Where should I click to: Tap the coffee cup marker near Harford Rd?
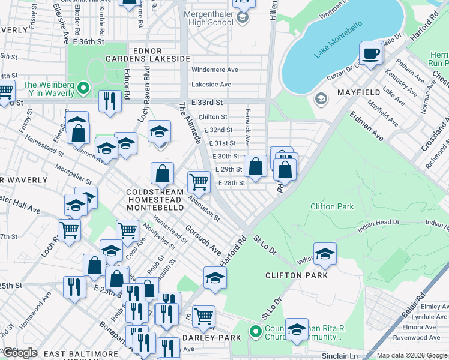pyautogui.click(x=370, y=54)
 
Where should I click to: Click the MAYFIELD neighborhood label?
pyautogui.click(x=359, y=92)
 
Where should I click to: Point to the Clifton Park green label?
pyautogui.click(x=332, y=206)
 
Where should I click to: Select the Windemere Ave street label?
pyautogui.click(x=215, y=70)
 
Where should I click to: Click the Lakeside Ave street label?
pyautogui.click(x=211, y=85)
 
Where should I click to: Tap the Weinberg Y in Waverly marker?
pyautogui.click(x=85, y=90)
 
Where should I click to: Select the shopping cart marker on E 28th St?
pyautogui.click(x=198, y=181)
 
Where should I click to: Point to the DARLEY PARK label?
pyautogui.click(x=212, y=338)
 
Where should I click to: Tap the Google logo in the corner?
pyautogui.click(x=20, y=353)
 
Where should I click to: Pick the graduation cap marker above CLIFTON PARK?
pyautogui.click(x=325, y=254)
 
